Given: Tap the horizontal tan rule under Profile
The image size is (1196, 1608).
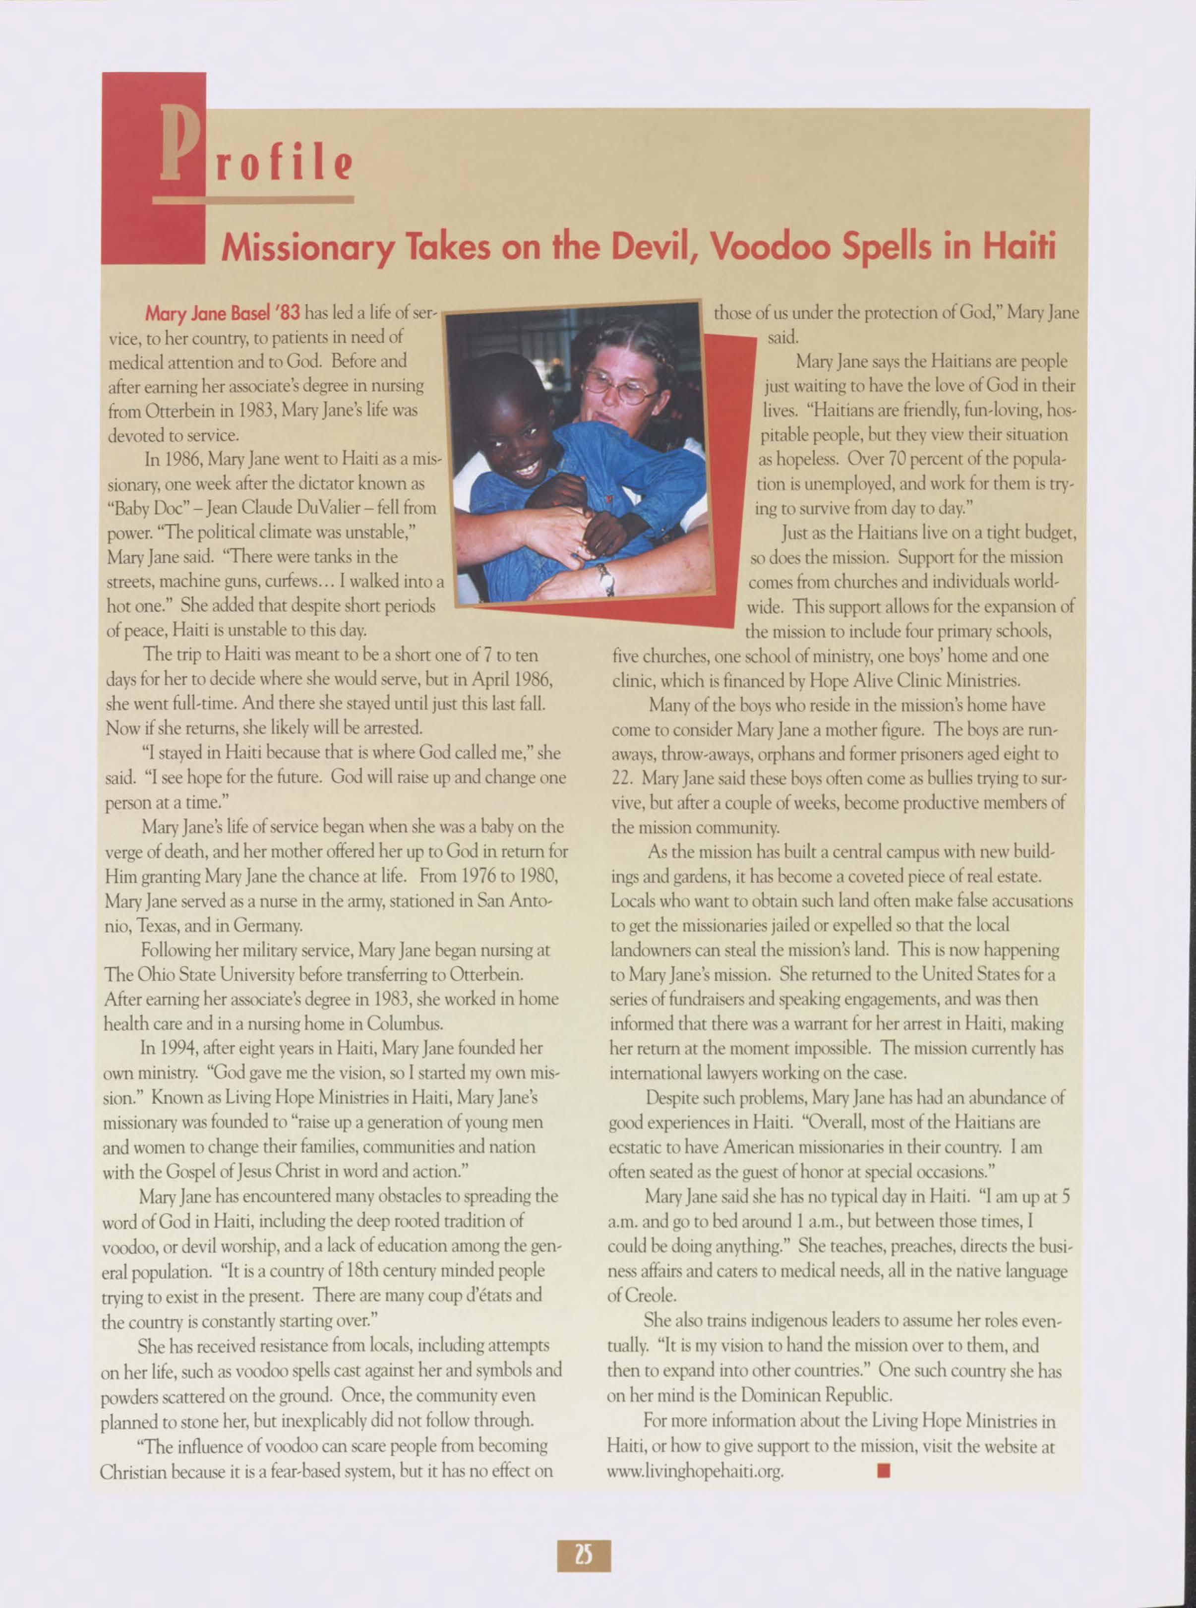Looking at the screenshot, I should [x=253, y=199].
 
